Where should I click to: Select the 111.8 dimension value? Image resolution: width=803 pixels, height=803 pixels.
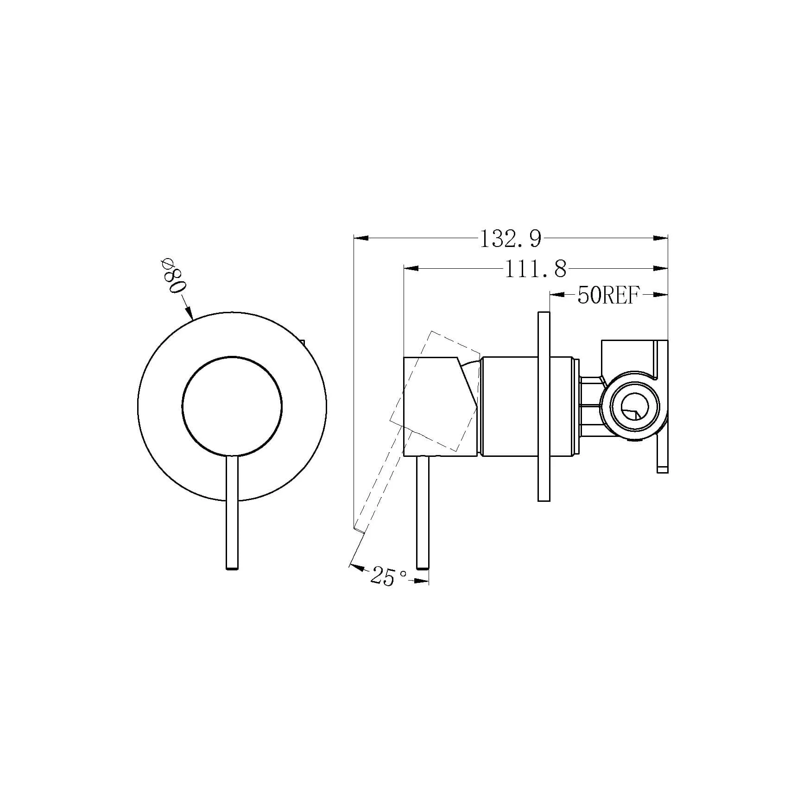pos(536,269)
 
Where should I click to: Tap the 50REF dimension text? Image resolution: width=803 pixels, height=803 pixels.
pos(608,295)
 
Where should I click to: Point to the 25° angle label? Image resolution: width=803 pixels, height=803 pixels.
pos(388,577)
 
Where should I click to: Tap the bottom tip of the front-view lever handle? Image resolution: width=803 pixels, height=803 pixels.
pos(232,568)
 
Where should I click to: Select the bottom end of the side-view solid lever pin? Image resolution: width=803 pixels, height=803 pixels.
pos(423,567)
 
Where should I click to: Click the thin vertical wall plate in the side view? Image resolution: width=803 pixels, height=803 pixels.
pos(544,406)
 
